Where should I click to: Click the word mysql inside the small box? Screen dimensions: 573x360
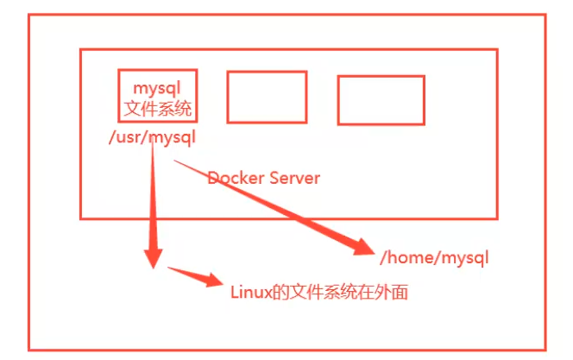click(x=157, y=89)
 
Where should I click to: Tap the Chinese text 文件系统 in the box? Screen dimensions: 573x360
click(x=158, y=109)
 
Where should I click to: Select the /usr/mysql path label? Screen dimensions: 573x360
click(x=153, y=137)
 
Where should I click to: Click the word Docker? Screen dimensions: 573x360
click(x=236, y=178)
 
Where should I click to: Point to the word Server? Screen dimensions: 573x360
click(x=295, y=178)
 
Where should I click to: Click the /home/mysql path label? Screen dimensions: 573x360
click(x=434, y=257)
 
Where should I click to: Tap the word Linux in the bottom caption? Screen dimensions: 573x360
click(x=251, y=293)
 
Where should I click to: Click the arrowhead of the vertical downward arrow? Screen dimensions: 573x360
click(x=153, y=259)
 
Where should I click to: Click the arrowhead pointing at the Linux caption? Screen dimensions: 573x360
click(x=213, y=280)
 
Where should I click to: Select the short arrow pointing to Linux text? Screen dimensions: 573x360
click(x=195, y=276)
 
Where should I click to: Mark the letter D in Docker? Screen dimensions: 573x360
click(x=213, y=178)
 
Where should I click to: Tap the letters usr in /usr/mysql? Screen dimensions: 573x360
click(x=130, y=137)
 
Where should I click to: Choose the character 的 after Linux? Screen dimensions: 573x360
click(x=281, y=293)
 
